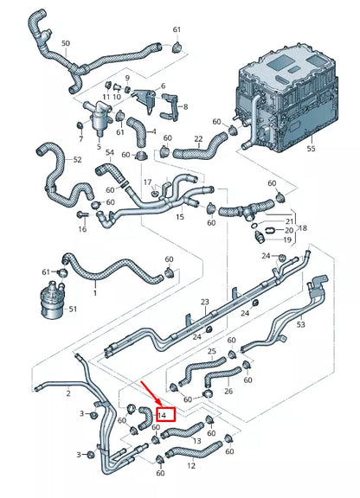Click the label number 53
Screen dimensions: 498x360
coord(300,325)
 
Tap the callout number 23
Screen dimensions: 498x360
coord(205,302)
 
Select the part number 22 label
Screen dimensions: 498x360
coord(198,139)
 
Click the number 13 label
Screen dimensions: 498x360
coord(196,441)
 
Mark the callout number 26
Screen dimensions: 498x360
coord(229,391)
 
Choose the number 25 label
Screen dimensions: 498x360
coord(212,352)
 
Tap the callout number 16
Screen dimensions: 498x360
coord(82,230)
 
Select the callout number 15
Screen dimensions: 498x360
coord(180,216)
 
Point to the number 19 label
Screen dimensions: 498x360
coord(288,240)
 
